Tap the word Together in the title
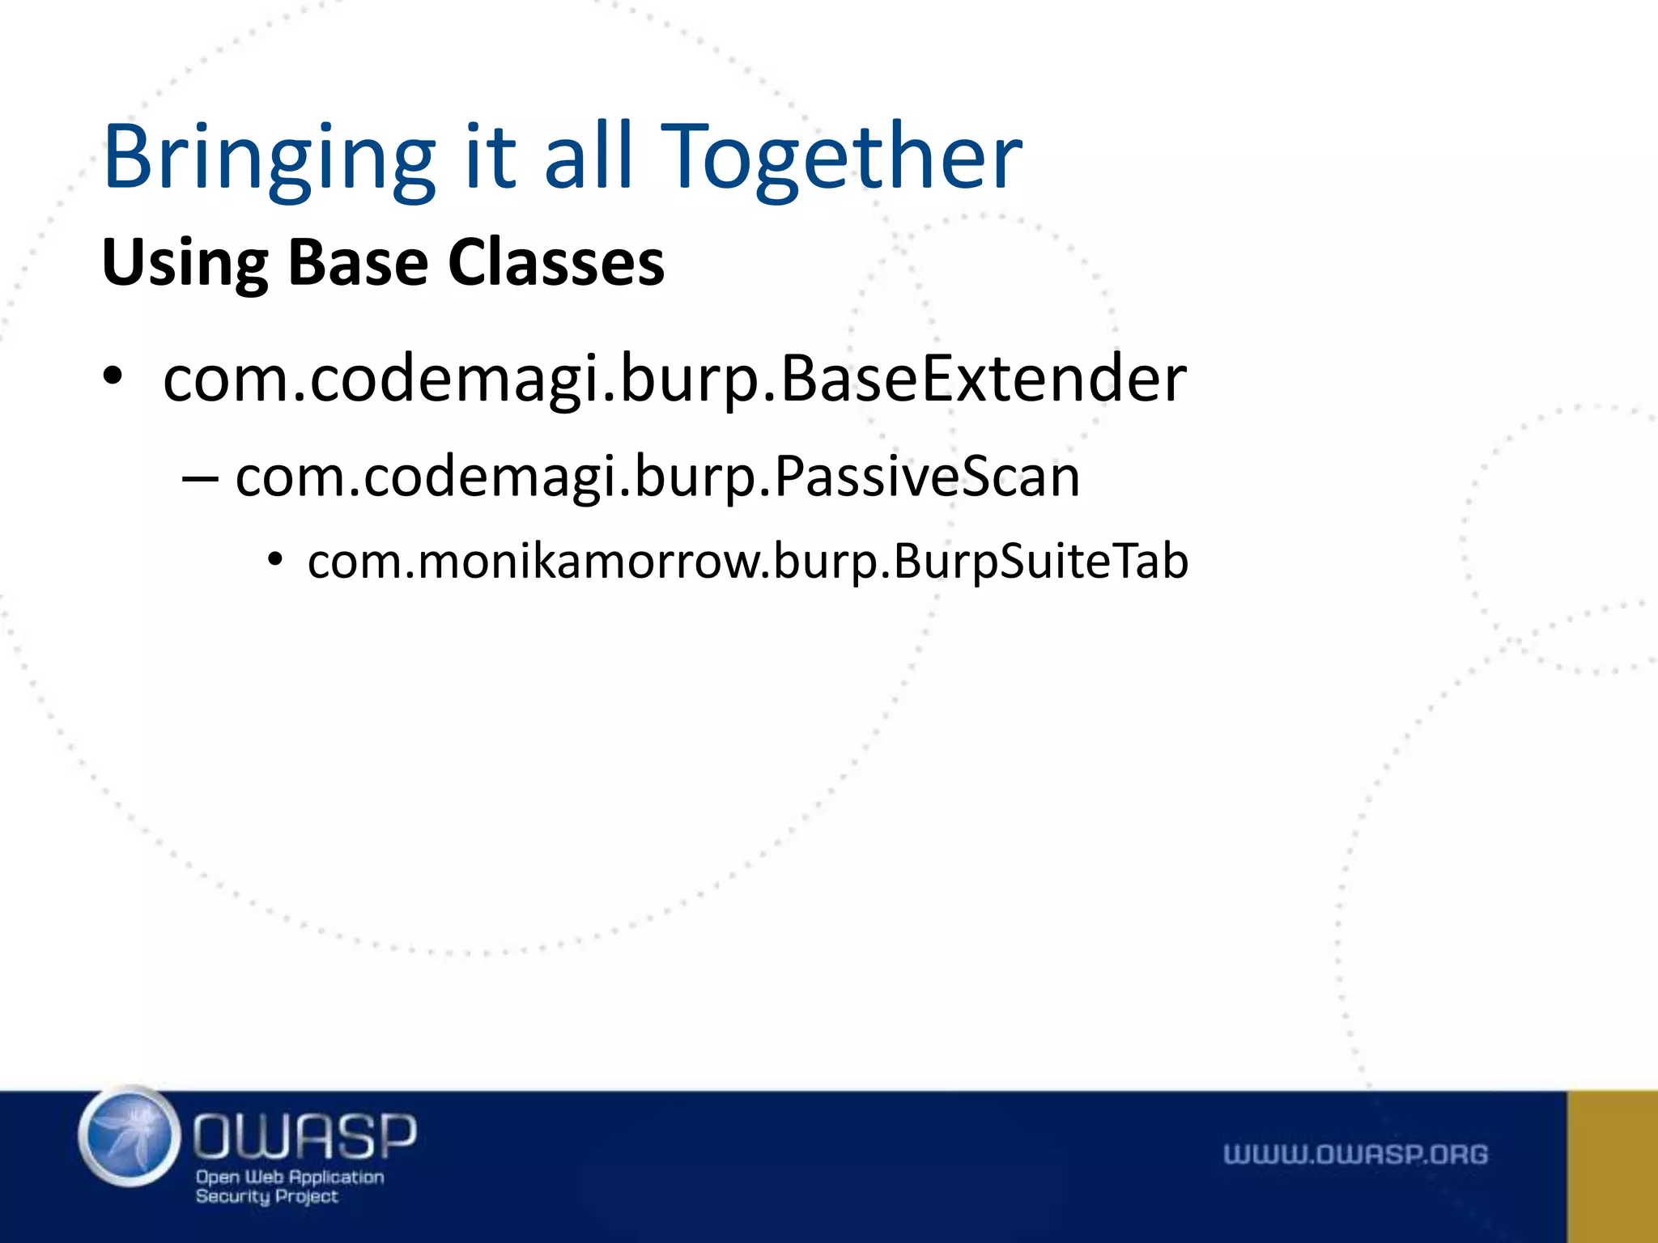point(842,158)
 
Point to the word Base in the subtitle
point(357,263)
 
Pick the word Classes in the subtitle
point(556,263)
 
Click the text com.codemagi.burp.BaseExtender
point(674,379)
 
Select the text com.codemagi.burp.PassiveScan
point(657,477)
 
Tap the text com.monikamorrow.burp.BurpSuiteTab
point(747,561)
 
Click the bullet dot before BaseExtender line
point(113,377)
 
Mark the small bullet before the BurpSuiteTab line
point(276,560)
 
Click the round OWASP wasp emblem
point(130,1137)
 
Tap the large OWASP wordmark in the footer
point(305,1135)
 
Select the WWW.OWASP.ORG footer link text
point(1355,1154)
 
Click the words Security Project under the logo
point(266,1196)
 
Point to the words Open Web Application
point(290,1177)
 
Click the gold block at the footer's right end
point(1612,1166)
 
